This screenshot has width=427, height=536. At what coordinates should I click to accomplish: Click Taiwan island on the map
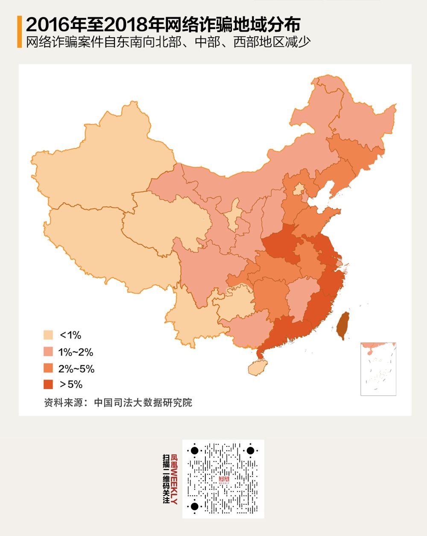pos(343,325)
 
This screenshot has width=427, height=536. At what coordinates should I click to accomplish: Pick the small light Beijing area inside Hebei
pos(299,189)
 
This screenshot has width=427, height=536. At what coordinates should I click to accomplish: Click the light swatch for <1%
pos(48,335)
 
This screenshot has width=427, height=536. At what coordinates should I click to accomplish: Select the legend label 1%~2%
pos(76,352)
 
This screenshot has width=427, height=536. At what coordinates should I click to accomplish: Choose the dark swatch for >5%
pos(48,385)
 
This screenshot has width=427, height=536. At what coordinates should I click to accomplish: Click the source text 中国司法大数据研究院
pos(143,402)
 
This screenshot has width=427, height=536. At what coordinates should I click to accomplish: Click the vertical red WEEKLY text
pos(174,479)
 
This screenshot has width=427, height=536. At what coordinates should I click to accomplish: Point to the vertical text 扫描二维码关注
pos(166,479)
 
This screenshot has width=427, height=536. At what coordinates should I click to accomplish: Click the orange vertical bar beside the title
pos(19,32)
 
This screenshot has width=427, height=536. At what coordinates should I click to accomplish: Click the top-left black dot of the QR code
pos(194,451)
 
